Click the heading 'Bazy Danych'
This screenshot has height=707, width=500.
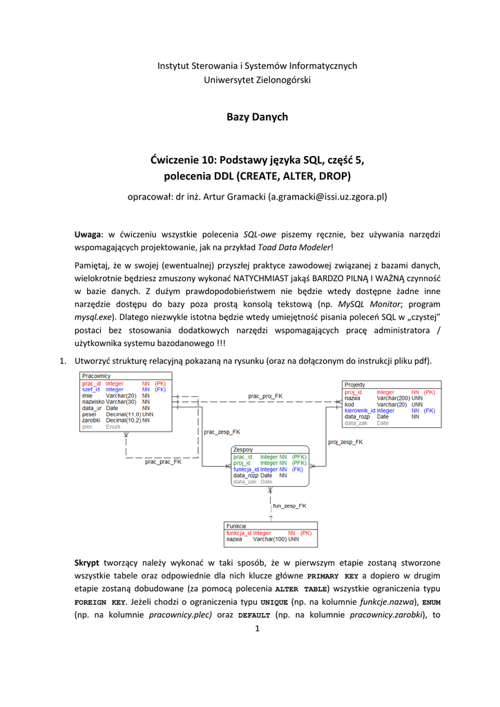point(257,117)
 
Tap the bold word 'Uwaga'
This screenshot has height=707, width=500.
point(88,234)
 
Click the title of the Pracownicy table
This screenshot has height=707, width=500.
point(97,376)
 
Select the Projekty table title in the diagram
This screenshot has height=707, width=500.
point(355,385)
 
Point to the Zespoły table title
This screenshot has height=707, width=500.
point(243,449)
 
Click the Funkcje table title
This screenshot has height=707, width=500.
point(237,526)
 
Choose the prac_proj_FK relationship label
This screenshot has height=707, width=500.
point(265,396)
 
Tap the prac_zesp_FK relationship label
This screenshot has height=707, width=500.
point(222,432)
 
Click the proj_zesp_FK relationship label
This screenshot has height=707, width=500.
point(345,441)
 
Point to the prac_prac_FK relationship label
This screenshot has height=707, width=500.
point(163,462)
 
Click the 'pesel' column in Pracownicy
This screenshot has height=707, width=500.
point(89,414)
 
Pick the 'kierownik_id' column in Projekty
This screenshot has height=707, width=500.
point(360,410)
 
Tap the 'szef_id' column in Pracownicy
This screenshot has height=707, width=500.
point(91,389)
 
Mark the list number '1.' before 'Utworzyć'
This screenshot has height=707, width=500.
point(61,361)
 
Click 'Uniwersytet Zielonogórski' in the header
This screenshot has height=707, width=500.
point(257,80)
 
